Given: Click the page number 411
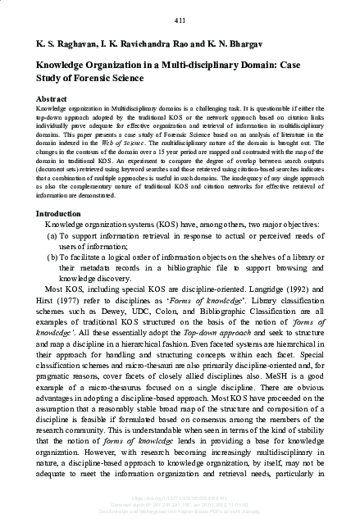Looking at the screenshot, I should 180,20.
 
